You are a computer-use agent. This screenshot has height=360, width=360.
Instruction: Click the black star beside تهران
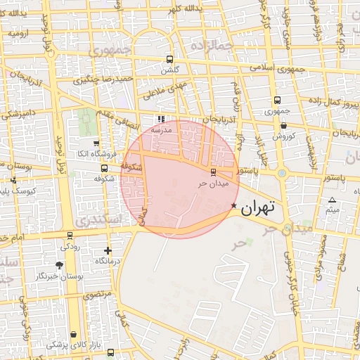tap(233, 205)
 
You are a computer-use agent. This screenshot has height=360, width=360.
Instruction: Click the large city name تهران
tap(257, 209)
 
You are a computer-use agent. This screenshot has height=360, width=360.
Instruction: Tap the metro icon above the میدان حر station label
tap(214, 172)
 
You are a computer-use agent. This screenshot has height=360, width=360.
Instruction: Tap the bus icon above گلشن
tap(169, 59)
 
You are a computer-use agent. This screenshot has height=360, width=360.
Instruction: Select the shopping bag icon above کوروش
tap(283, 125)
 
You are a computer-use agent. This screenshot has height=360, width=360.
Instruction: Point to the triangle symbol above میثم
tap(333, 200)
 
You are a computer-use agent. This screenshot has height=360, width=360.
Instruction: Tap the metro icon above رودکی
tap(70, 236)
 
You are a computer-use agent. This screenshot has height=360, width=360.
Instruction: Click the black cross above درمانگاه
tap(107, 250)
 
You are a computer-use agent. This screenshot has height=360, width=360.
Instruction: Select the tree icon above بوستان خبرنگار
tap(59, 265)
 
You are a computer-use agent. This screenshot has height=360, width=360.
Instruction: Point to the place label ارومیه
tap(18, 33)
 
